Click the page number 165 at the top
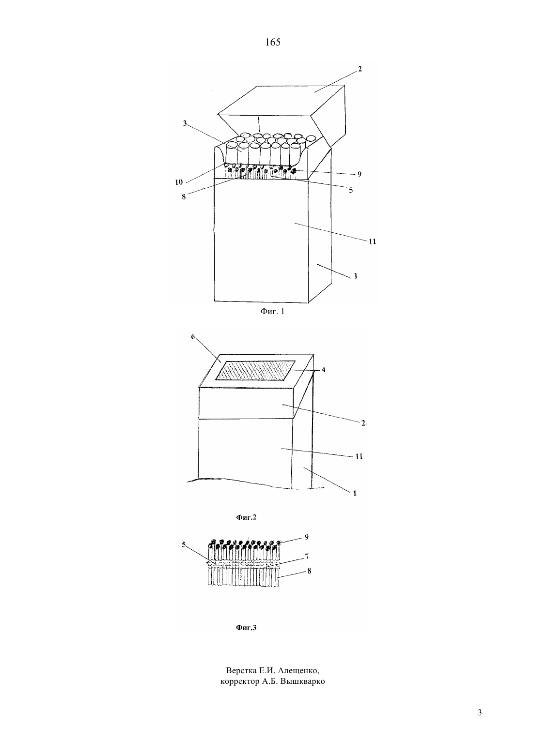point(272,42)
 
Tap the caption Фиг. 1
point(272,311)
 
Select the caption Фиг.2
point(246,517)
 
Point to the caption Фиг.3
point(246,627)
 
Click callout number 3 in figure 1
point(185,123)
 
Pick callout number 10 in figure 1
point(179,182)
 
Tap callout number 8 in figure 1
point(184,197)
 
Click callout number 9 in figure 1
point(360,174)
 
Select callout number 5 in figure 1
point(351,190)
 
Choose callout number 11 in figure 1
point(372,241)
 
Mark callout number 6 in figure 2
point(193,337)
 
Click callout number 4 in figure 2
point(323,370)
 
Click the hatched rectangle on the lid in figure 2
point(255,370)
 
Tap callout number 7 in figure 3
point(307,557)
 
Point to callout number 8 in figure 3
point(309,571)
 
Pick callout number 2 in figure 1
point(360,69)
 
